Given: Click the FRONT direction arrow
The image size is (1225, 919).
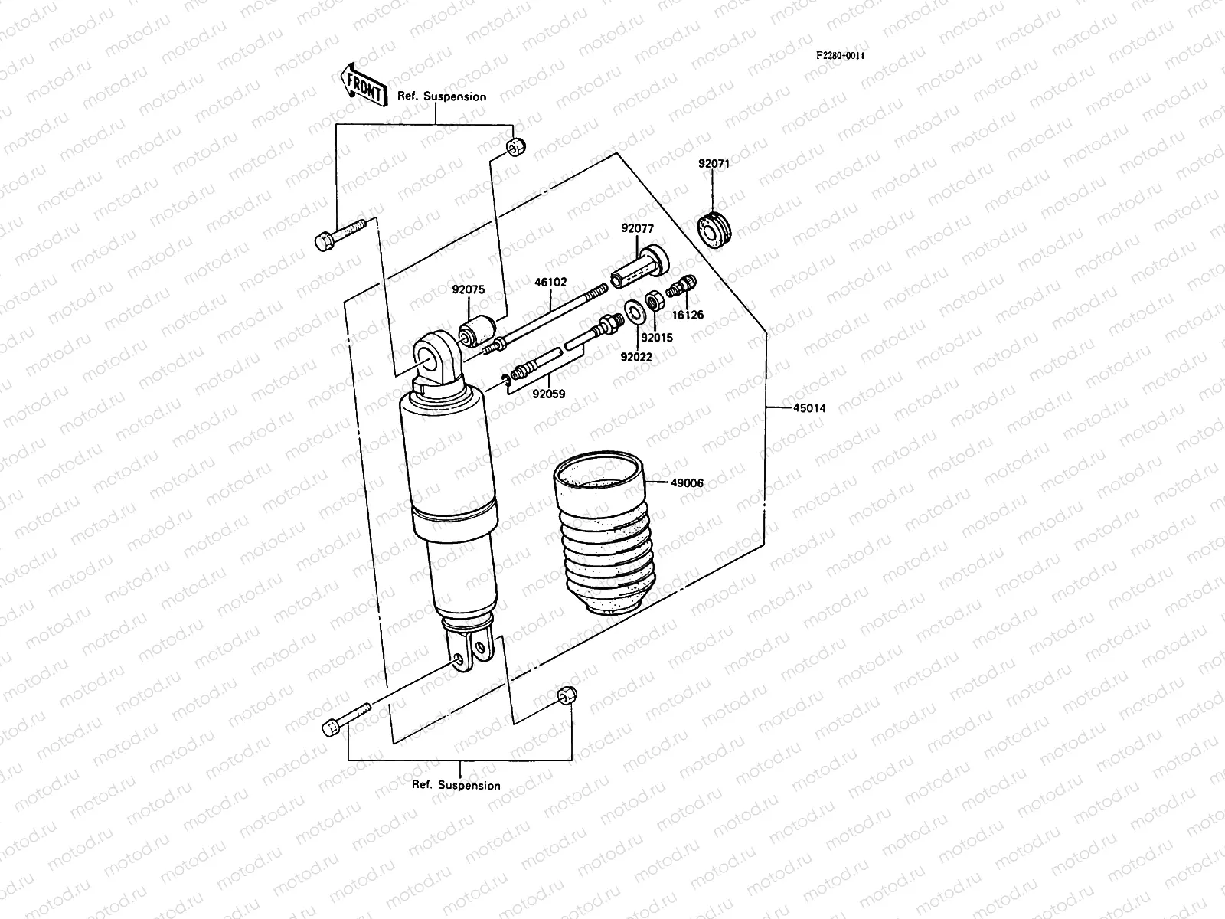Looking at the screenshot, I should (x=361, y=83).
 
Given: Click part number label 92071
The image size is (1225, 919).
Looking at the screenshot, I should (x=714, y=164).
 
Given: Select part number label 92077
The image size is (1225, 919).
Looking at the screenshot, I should (x=637, y=228).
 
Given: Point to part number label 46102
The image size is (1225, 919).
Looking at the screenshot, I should (x=550, y=282).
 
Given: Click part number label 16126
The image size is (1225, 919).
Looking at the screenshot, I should (x=688, y=315).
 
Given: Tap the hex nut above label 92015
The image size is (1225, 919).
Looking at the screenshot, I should (x=655, y=300).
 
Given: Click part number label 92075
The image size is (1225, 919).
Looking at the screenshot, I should (x=468, y=289).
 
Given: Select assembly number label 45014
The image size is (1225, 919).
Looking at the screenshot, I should (x=808, y=408).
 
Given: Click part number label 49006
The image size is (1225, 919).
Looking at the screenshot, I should (x=687, y=483).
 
